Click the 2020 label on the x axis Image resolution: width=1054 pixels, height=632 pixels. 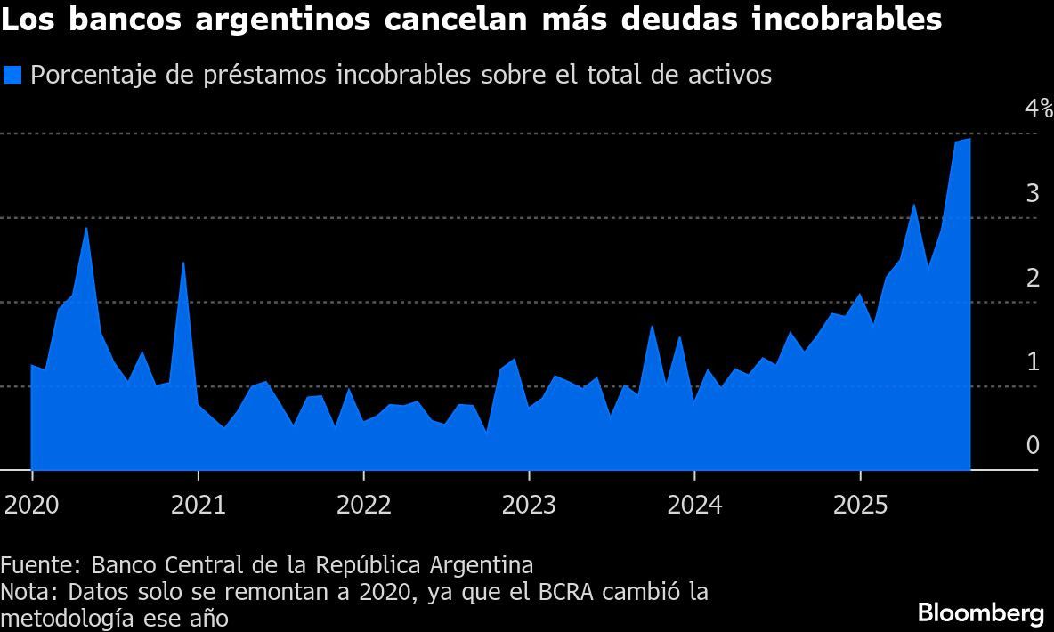pos(31,506)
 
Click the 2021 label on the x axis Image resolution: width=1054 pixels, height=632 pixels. pos(198,506)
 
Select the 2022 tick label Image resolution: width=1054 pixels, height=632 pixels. pos(363,506)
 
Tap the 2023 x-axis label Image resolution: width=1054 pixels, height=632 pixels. pos(529,506)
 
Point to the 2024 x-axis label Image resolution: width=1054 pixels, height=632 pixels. pos(693,506)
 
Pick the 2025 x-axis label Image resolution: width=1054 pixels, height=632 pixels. pos(860,506)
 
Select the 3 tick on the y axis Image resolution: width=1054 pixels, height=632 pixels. pos(1032,193)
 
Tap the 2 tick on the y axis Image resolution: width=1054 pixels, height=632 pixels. pos(1032,278)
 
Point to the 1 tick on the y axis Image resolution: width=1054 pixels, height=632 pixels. pos(1032,361)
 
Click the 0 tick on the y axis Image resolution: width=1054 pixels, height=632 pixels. pos(1032,445)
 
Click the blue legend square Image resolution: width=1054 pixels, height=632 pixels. pos(12,75)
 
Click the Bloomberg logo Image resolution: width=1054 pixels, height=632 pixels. pos(980,613)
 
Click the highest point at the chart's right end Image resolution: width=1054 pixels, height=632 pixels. pos(969,139)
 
